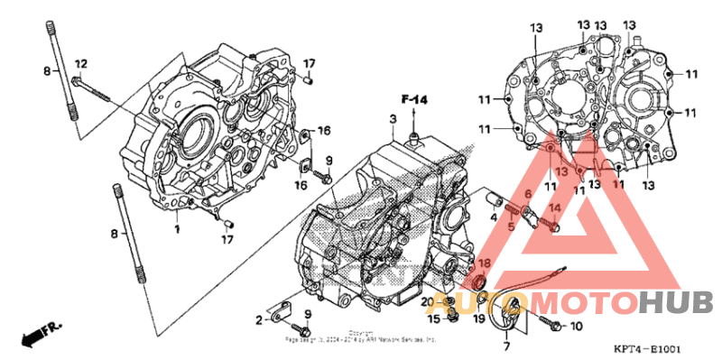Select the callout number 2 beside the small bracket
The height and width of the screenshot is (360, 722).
coord(258,319)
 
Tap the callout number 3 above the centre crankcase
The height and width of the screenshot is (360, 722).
coord(393,120)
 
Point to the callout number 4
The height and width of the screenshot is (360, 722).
coord(494,217)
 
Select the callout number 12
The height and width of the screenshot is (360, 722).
coord(81,63)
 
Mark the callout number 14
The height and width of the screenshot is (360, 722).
coord(556,209)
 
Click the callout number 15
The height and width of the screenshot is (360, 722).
coord(434,318)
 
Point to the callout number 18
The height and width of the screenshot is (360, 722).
coord(484,263)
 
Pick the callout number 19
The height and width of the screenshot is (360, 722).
coord(478,318)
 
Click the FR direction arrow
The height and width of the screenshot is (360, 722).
coord(34,335)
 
